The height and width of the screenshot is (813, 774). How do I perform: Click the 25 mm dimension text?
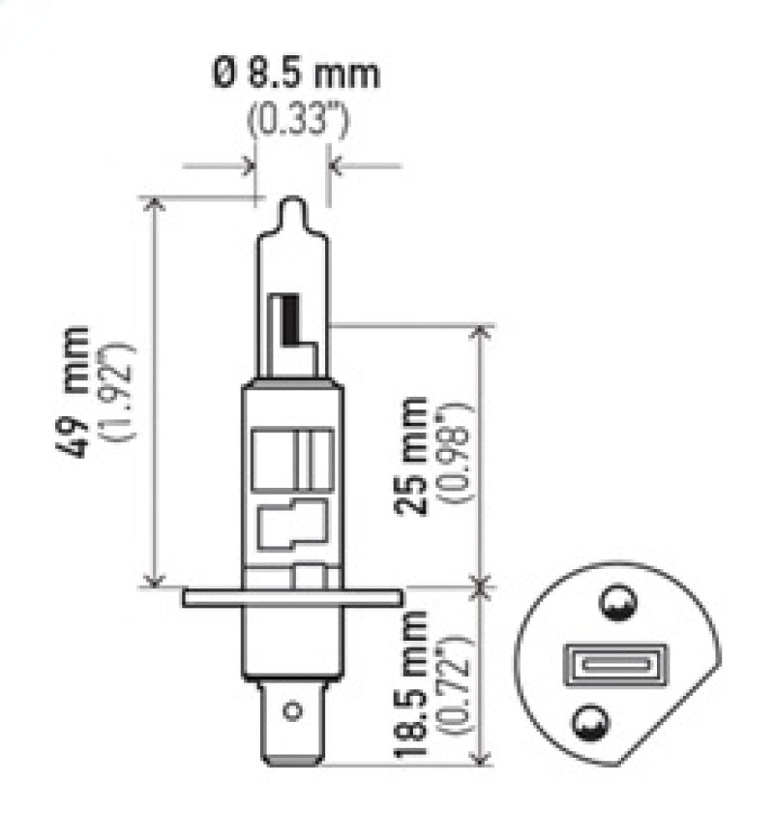tap(415, 455)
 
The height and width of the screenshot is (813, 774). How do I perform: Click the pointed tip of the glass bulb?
tap(292, 204)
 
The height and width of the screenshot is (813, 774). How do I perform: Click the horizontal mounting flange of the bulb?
tap(292, 597)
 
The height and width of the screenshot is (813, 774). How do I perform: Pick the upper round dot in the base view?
tap(615, 605)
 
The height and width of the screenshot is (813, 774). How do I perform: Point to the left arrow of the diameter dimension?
tap(248, 166)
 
